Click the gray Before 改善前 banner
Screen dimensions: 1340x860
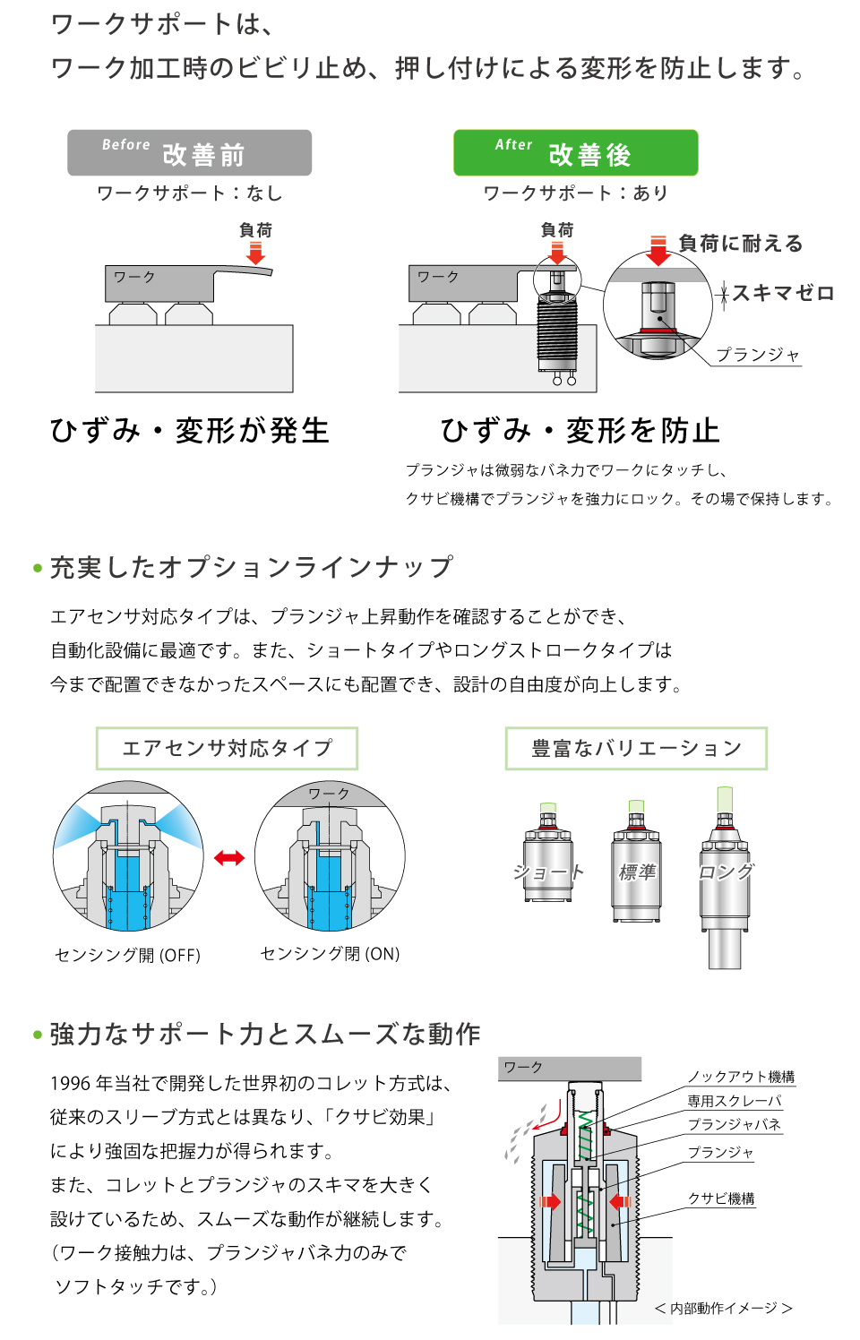[x=189, y=153]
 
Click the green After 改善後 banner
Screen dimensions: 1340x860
[x=575, y=153]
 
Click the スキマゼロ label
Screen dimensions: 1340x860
[x=782, y=293]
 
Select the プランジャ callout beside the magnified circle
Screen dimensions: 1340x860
[x=757, y=355]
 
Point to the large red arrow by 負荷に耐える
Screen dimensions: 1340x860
[x=658, y=251]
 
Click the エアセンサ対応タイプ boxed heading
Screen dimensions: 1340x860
[x=227, y=749]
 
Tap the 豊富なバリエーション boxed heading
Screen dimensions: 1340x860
[x=636, y=749]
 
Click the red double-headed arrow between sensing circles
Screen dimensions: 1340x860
[x=229, y=858]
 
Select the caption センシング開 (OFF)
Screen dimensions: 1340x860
[x=128, y=955]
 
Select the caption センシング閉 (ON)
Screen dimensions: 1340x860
[x=330, y=954]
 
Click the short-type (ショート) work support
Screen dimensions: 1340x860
[x=547, y=855]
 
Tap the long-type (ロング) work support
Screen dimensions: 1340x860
[x=725, y=882]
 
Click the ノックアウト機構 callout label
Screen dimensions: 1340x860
[x=741, y=1077]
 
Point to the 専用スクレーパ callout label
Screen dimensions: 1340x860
[x=735, y=1101]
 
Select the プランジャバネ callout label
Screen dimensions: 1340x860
[x=735, y=1125]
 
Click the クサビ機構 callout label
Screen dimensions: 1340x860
[x=721, y=1198]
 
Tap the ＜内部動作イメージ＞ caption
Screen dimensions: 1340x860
[x=723, y=1309]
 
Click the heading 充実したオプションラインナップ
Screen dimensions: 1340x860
[x=251, y=567]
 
